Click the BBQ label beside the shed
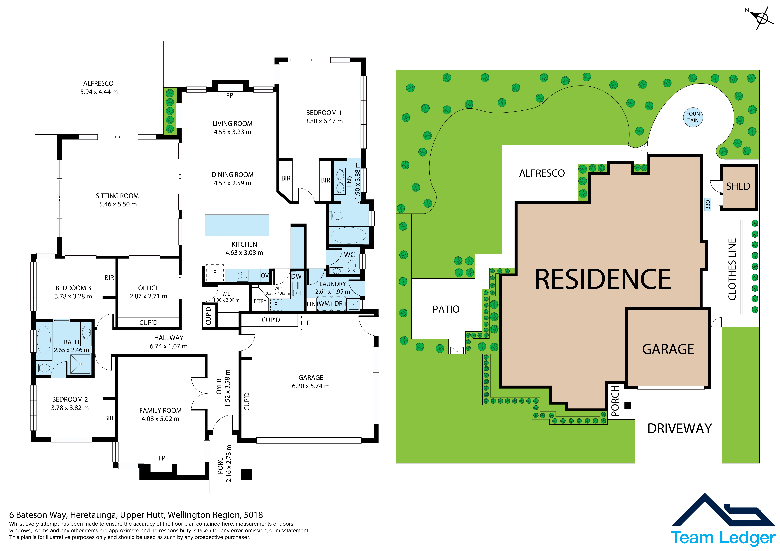708,205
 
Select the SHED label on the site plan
738,186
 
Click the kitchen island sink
223,230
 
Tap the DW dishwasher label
296,276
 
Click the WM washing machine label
324,304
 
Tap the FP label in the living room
230,96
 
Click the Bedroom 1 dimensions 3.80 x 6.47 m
324,121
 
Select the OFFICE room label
148,288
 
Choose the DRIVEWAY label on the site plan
679,429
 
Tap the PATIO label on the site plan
446,309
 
